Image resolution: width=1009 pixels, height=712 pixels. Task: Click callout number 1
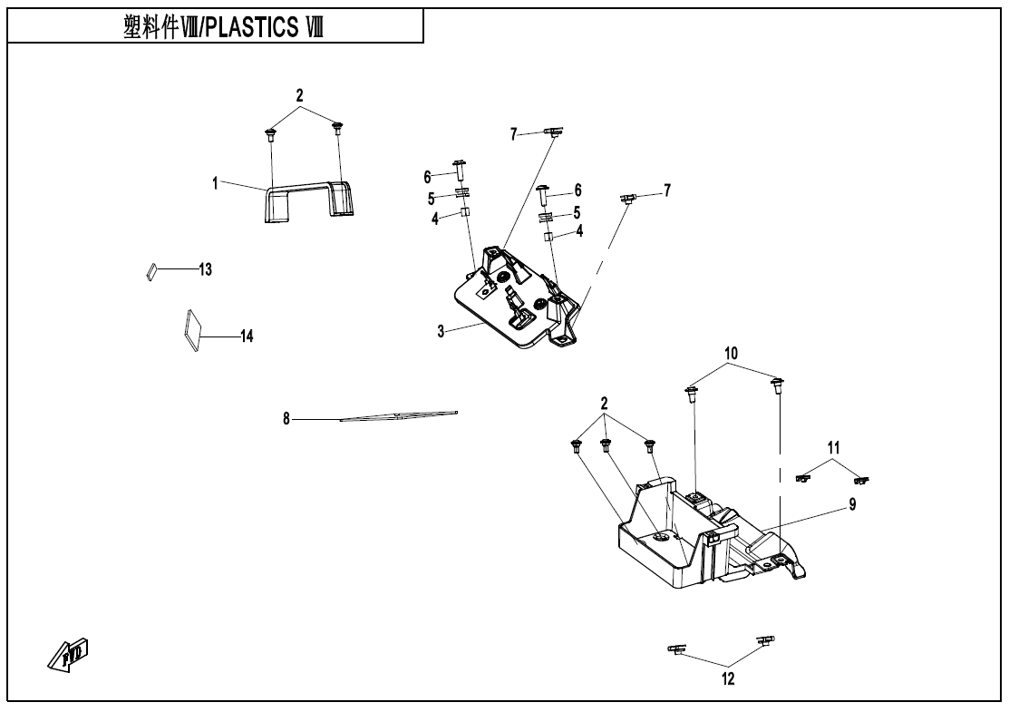pyautogui.click(x=216, y=183)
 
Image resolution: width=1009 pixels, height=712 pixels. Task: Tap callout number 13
pyautogui.click(x=205, y=269)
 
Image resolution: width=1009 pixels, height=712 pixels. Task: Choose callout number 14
pyautogui.click(x=247, y=336)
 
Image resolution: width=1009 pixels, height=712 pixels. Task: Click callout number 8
pyautogui.click(x=286, y=419)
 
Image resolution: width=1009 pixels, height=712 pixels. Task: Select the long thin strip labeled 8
pyautogui.click(x=399, y=415)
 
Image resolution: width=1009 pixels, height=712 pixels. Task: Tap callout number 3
pyautogui.click(x=441, y=332)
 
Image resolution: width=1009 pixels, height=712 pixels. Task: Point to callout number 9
pyautogui.click(x=852, y=505)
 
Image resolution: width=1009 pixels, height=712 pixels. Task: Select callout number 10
pyautogui.click(x=732, y=352)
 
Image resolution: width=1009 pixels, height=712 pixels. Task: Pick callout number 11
pyautogui.click(x=833, y=447)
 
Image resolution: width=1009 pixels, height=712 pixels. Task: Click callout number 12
pyautogui.click(x=728, y=678)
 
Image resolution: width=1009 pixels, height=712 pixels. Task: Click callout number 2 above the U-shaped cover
pyautogui.click(x=300, y=94)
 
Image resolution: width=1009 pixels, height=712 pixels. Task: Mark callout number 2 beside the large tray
pyautogui.click(x=605, y=402)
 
